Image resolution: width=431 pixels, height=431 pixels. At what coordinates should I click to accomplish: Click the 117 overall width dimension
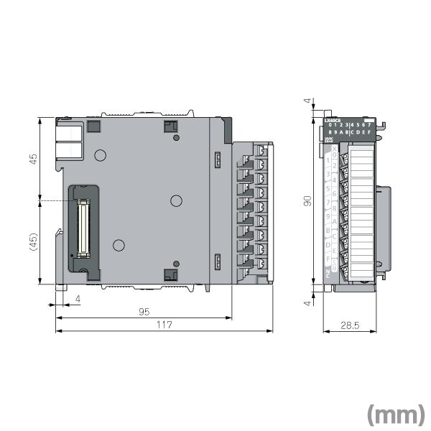tap(164, 325)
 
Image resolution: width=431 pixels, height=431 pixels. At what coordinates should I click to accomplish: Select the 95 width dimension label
tap(144, 311)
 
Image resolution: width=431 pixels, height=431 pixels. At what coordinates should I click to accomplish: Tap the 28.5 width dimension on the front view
tap(350, 325)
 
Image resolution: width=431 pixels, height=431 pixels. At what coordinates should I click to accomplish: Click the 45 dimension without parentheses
tap(33, 159)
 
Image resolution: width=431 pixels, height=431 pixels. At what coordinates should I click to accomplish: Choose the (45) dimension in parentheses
tap(33, 242)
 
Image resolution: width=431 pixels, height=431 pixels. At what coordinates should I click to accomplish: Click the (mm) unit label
tap(396, 414)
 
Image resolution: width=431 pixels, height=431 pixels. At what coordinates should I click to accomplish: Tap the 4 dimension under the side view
tap(78, 297)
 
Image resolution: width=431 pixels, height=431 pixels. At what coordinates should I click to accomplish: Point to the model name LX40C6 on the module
tap(333, 121)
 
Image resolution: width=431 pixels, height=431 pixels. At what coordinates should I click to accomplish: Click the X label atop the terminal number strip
tap(335, 148)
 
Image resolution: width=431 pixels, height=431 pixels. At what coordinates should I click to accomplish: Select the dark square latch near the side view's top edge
tap(171, 127)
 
